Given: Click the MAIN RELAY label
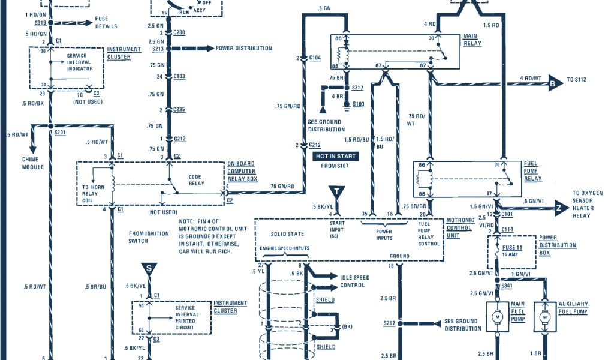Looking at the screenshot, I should click(x=472, y=40).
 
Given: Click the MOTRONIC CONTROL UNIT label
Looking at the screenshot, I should click(x=460, y=228).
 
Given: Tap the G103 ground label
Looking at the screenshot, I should click(x=358, y=104).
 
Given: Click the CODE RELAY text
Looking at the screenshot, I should click(x=197, y=181).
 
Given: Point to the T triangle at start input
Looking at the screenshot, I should click(x=339, y=192).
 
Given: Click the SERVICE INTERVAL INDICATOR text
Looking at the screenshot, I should click(x=80, y=62).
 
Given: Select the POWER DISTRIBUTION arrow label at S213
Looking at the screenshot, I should click(x=243, y=48).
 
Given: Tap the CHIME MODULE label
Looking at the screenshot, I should click(x=34, y=163).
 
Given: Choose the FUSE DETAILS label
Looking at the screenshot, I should click(x=106, y=23).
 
